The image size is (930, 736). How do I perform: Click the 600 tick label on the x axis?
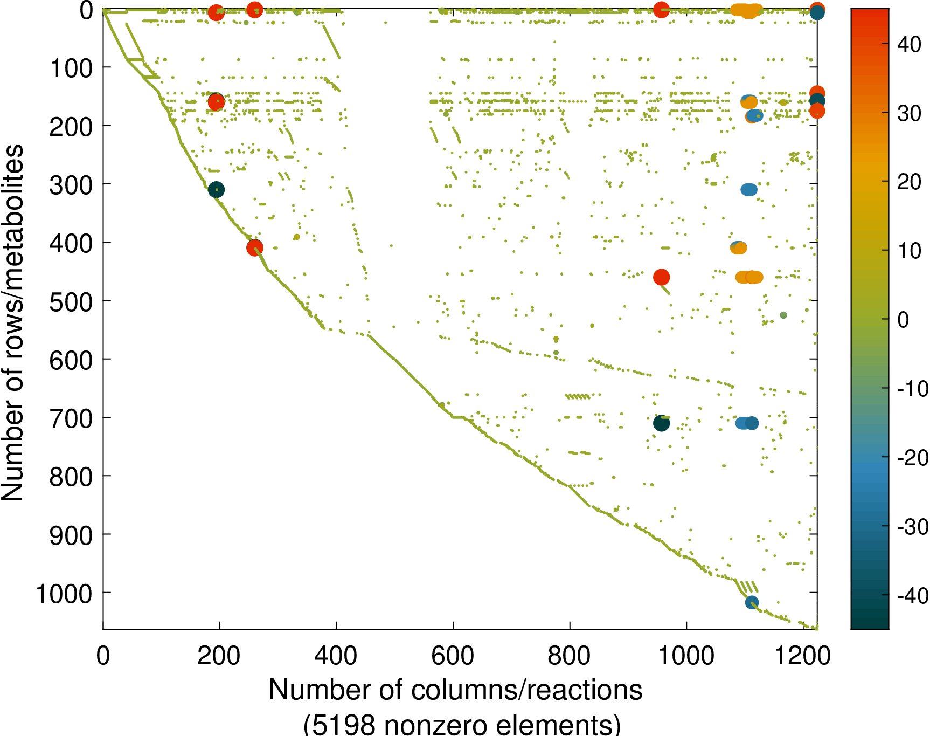(x=453, y=656)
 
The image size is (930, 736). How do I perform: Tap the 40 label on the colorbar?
(x=910, y=44)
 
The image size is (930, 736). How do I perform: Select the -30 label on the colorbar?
(x=913, y=527)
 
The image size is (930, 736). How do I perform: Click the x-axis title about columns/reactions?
(x=455, y=690)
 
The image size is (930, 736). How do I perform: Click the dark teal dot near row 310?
(x=216, y=190)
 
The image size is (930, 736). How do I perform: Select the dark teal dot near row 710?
(x=661, y=423)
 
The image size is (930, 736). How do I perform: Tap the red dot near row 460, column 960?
(x=661, y=277)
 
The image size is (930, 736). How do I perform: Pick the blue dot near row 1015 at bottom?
(x=752, y=602)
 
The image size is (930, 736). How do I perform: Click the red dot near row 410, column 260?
(x=255, y=247)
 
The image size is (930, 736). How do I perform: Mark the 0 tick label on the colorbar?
(x=903, y=320)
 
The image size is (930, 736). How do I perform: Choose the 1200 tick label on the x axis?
(x=803, y=656)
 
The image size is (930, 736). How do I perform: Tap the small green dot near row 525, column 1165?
(x=783, y=315)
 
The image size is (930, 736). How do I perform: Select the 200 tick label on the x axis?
(x=219, y=656)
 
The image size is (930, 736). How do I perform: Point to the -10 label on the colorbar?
(x=913, y=389)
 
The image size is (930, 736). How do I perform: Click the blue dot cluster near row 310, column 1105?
(x=748, y=190)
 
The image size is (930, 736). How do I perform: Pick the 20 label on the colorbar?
(x=910, y=182)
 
